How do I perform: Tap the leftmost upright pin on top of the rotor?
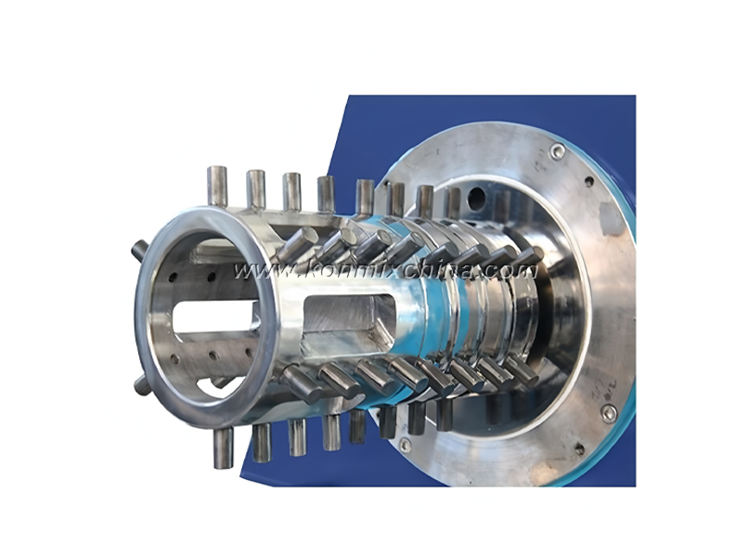pos(217,183)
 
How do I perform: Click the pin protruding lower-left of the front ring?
pos(141,383)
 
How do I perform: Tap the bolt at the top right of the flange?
pos(557,151)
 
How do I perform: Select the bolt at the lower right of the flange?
pos(608,414)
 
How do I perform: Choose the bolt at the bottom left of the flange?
pos(405,445)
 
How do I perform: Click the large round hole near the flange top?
pos(476,197)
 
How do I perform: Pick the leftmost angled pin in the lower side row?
pos(299,381)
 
